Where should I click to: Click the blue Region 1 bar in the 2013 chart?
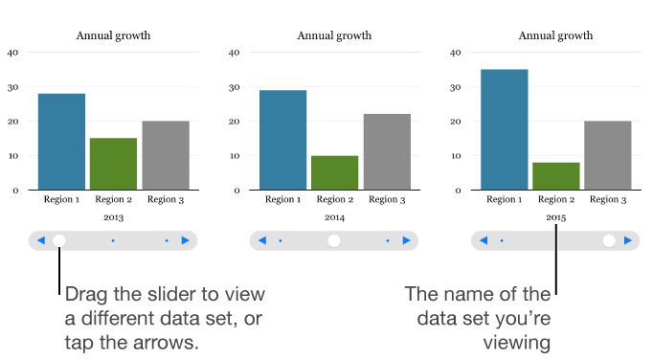(61, 142)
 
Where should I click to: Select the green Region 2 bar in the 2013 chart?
(114, 164)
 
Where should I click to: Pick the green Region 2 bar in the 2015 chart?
(556, 176)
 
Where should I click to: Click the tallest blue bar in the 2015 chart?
(504, 129)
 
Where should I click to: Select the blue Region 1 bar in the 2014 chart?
(282, 140)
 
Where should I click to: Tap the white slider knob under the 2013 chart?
(59, 240)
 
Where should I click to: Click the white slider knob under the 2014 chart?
(334, 240)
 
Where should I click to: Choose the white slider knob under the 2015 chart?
(609, 240)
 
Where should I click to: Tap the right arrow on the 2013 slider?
(186, 240)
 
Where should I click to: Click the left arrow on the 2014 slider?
(262, 240)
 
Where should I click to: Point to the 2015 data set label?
(556, 218)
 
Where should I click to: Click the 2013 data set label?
(113, 218)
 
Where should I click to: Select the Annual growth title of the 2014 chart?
(334, 36)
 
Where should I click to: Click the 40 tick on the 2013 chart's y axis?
(12, 53)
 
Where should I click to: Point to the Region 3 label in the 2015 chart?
(608, 200)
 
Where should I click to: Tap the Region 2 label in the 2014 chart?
(334, 200)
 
